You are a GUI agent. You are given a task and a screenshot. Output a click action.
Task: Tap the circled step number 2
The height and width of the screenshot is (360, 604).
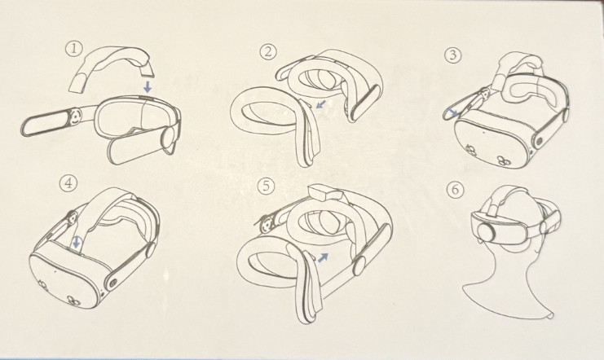tap(268, 51)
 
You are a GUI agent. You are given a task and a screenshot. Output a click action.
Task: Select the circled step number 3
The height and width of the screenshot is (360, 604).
tap(453, 55)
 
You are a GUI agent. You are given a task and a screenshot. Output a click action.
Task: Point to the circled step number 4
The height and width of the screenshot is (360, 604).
tap(68, 182)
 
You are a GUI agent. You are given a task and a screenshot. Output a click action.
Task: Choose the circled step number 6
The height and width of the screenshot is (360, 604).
tap(456, 191)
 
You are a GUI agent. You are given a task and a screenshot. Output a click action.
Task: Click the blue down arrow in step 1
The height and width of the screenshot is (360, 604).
tap(148, 86)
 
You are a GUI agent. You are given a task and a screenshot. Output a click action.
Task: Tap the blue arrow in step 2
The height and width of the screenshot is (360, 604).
tap(320, 104)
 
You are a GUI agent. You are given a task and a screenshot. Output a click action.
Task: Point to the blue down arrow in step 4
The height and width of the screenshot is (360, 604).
tap(77, 242)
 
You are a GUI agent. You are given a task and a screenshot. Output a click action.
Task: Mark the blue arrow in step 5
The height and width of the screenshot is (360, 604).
tap(323, 257)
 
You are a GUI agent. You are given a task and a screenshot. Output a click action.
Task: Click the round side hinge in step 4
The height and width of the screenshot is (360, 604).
tap(112, 283)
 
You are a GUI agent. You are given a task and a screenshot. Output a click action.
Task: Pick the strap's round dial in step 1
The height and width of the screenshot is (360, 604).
tap(75, 116)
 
